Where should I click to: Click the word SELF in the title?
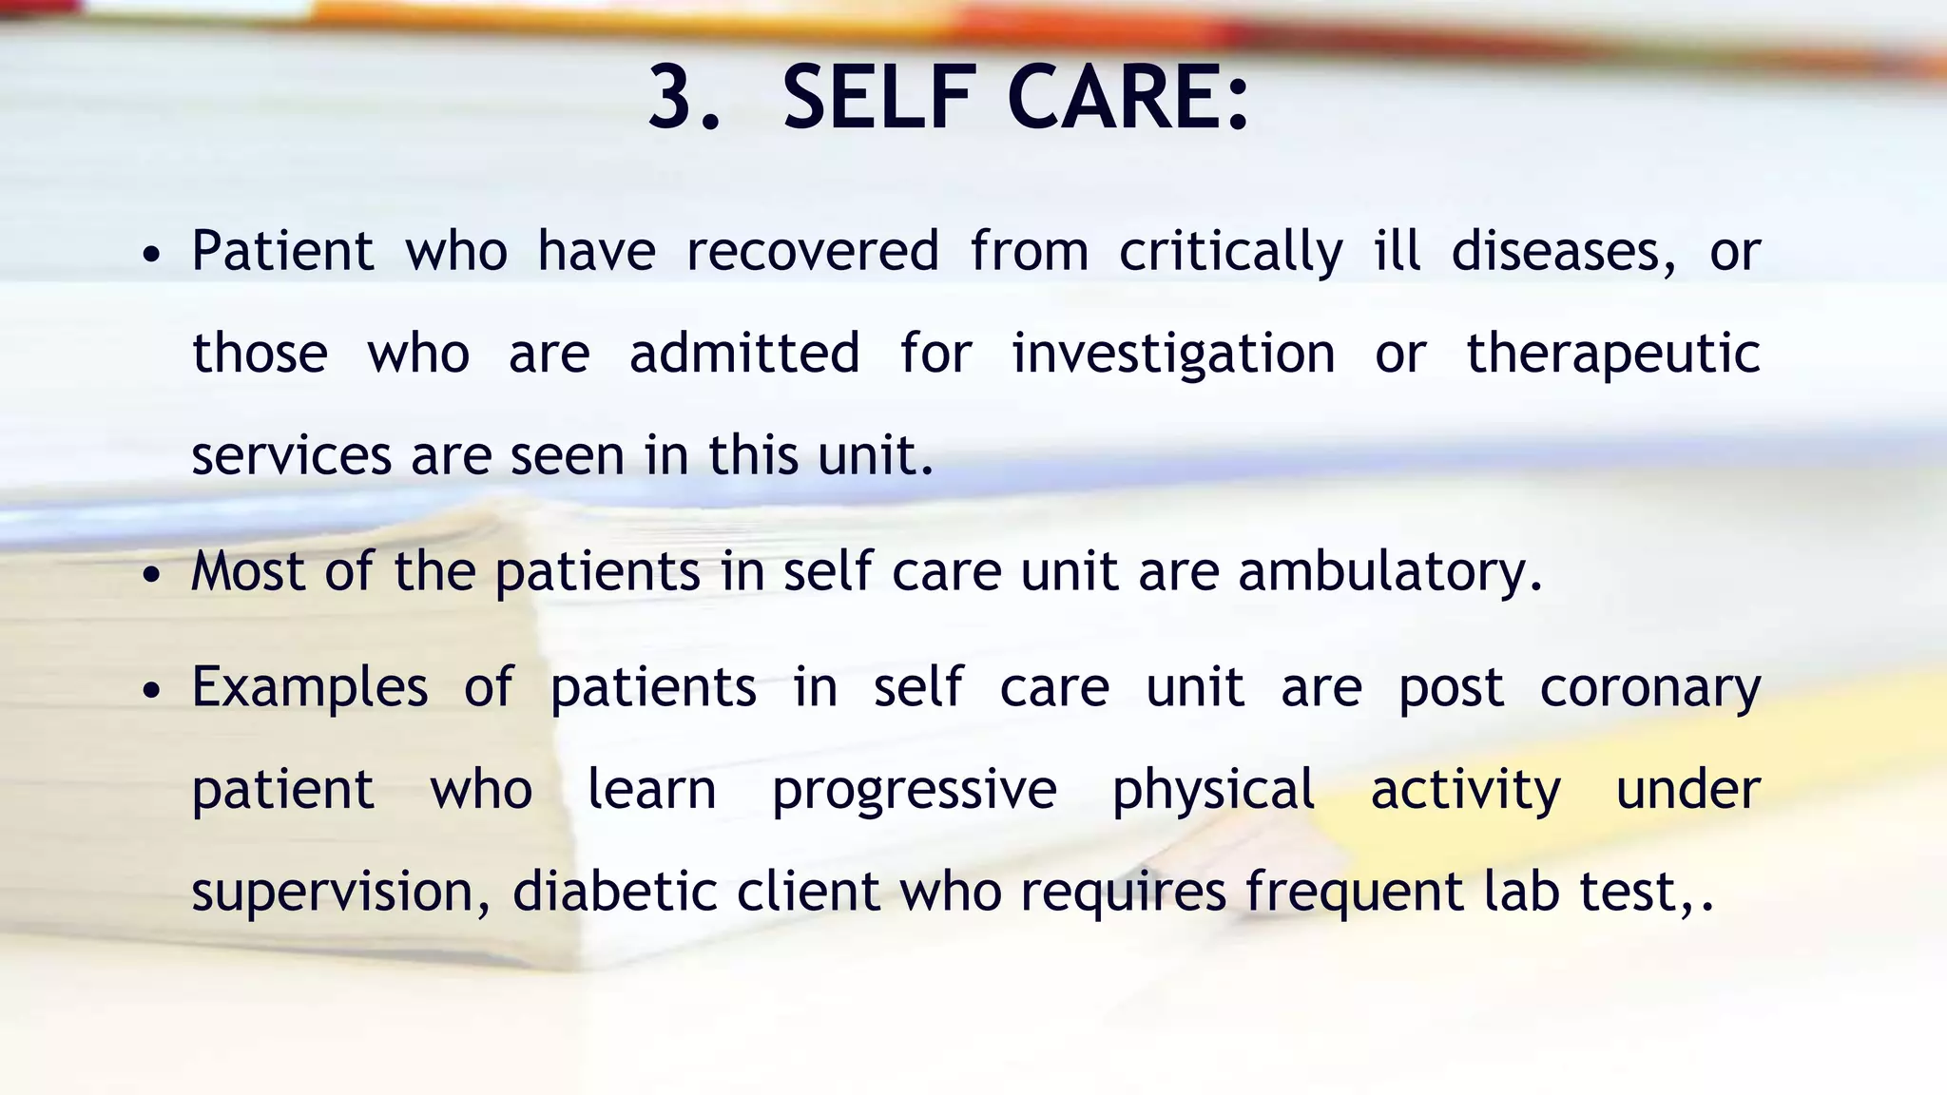pos(878,98)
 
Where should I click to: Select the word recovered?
pos(813,252)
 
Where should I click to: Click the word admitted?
pos(744,354)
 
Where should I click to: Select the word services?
pos(291,456)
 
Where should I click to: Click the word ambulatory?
pos(1389,573)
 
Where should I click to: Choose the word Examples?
pos(310,689)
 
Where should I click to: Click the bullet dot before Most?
pos(151,576)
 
